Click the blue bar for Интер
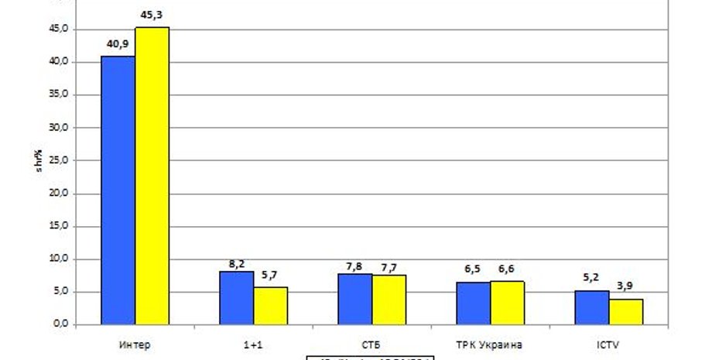(118, 190)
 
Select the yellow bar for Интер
(152, 176)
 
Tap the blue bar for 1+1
(237, 297)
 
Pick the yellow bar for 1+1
(271, 305)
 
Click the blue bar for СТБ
(355, 299)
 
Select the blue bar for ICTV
(592, 307)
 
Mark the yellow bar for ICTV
(625, 311)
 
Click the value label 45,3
(152, 15)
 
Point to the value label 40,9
(118, 44)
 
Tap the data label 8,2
(236, 263)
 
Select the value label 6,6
(506, 269)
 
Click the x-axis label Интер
(135, 343)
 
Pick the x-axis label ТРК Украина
(490, 343)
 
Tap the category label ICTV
(608, 343)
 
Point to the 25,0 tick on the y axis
(60, 161)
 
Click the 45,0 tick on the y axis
(60, 29)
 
